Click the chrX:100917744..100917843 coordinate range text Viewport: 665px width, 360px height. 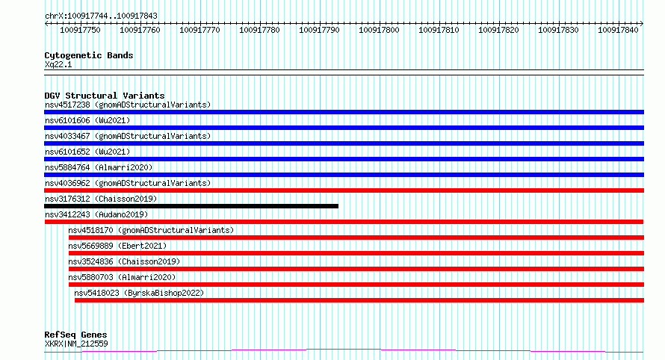click(x=101, y=16)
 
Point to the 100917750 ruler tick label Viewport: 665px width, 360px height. click(x=80, y=30)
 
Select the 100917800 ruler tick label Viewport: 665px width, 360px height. click(x=379, y=30)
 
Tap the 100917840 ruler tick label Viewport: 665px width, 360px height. click(x=618, y=30)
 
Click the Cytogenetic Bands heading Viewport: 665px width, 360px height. click(x=89, y=55)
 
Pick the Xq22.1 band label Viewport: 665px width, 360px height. click(x=58, y=64)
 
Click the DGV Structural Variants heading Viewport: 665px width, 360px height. click(x=105, y=96)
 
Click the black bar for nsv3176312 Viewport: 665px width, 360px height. click(x=191, y=206)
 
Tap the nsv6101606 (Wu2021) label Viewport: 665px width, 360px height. click(x=87, y=120)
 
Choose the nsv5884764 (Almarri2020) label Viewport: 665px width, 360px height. click(x=99, y=167)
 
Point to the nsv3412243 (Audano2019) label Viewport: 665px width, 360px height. click(x=96, y=214)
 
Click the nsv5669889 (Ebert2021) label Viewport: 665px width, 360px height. click(x=117, y=246)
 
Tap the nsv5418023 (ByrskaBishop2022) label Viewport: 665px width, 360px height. click(x=139, y=293)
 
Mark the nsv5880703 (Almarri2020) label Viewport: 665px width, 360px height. click(x=122, y=277)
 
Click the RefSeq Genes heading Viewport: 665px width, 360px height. click(x=75, y=335)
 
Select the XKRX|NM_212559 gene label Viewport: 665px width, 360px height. click(x=76, y=344)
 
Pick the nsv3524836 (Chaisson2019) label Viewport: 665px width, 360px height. click(x=124, y=261)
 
